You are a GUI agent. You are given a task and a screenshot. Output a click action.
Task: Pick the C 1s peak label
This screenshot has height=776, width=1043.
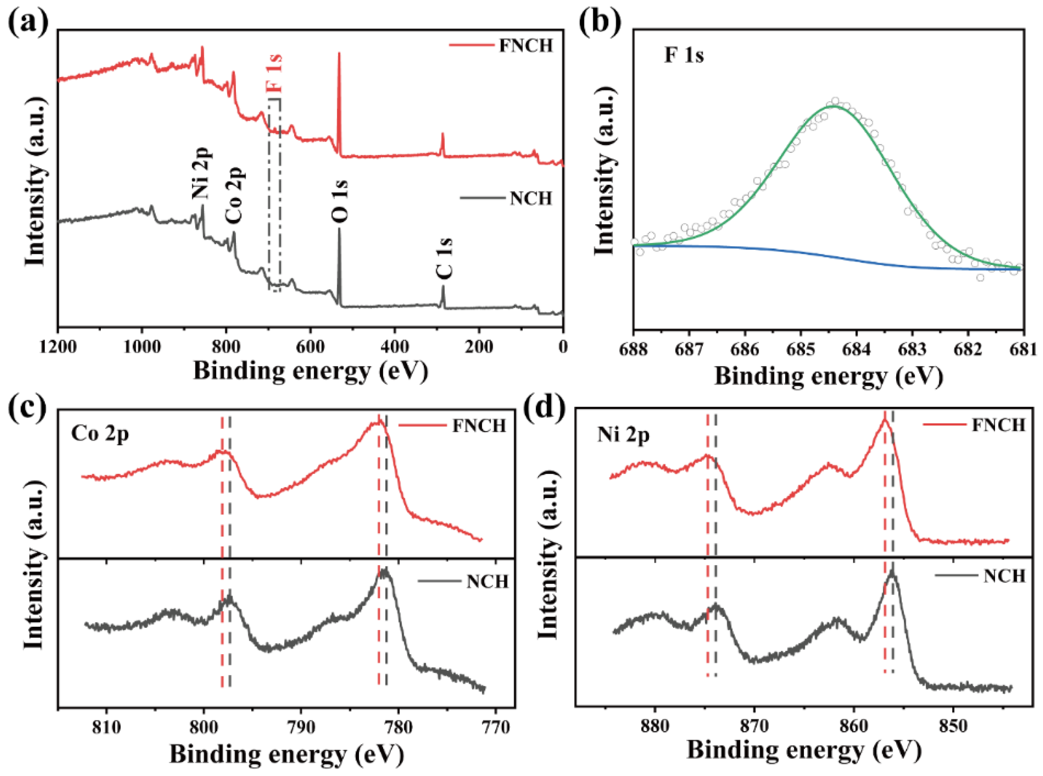click(444, 259)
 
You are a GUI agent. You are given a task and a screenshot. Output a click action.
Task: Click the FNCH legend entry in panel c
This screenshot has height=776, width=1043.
click(453, 426)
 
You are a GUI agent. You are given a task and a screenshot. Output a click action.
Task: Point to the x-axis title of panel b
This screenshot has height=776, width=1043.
click(829, 377)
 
